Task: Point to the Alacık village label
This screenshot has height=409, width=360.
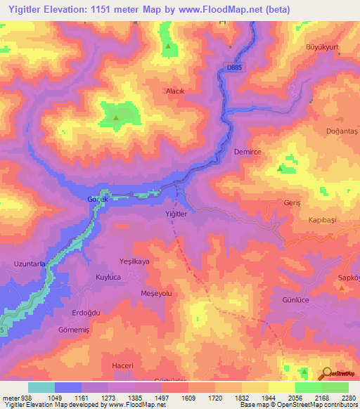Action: (174, 91)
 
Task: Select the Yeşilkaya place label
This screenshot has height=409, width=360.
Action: (135, 261)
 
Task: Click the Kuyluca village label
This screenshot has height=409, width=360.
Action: (110, 278)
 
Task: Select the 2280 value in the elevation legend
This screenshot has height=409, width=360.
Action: (349, 398)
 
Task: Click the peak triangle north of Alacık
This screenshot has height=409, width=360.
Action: (168, 48)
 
